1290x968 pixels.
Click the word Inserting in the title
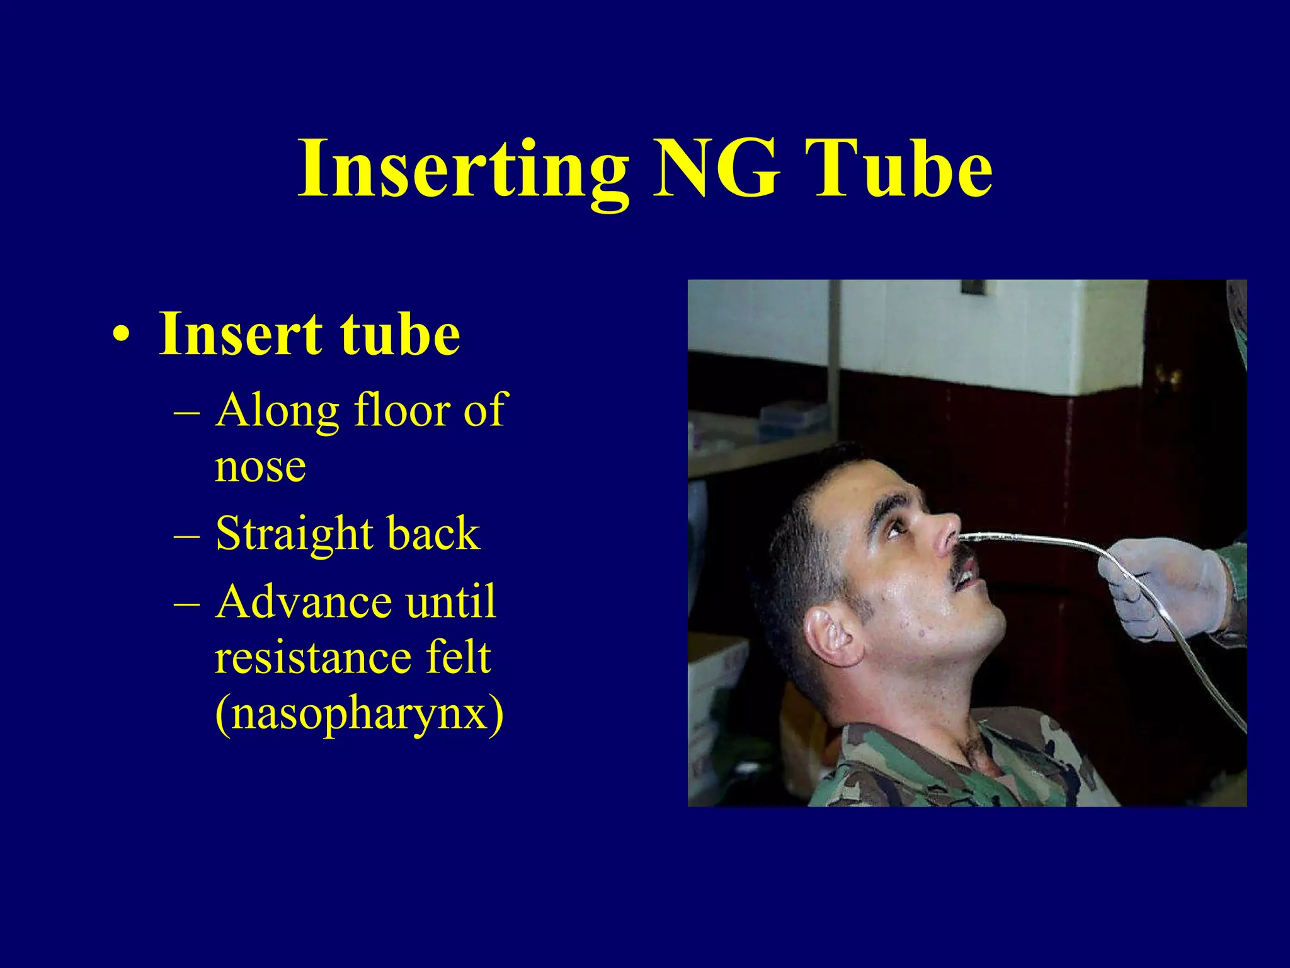[463, 169]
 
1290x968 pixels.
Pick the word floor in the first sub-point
[401, 410]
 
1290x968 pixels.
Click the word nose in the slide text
[260, 466]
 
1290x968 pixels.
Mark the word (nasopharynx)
[359, 714]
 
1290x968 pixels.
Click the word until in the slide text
[450, 601]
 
